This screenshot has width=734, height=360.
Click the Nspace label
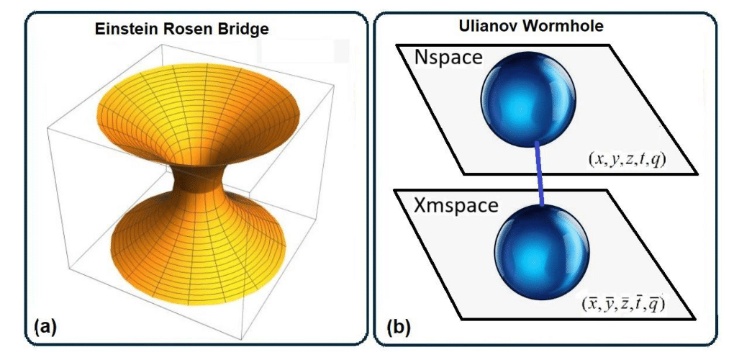pos(446,58)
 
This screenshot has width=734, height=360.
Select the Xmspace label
pos(456,205)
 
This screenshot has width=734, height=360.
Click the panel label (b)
pos(399,328)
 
